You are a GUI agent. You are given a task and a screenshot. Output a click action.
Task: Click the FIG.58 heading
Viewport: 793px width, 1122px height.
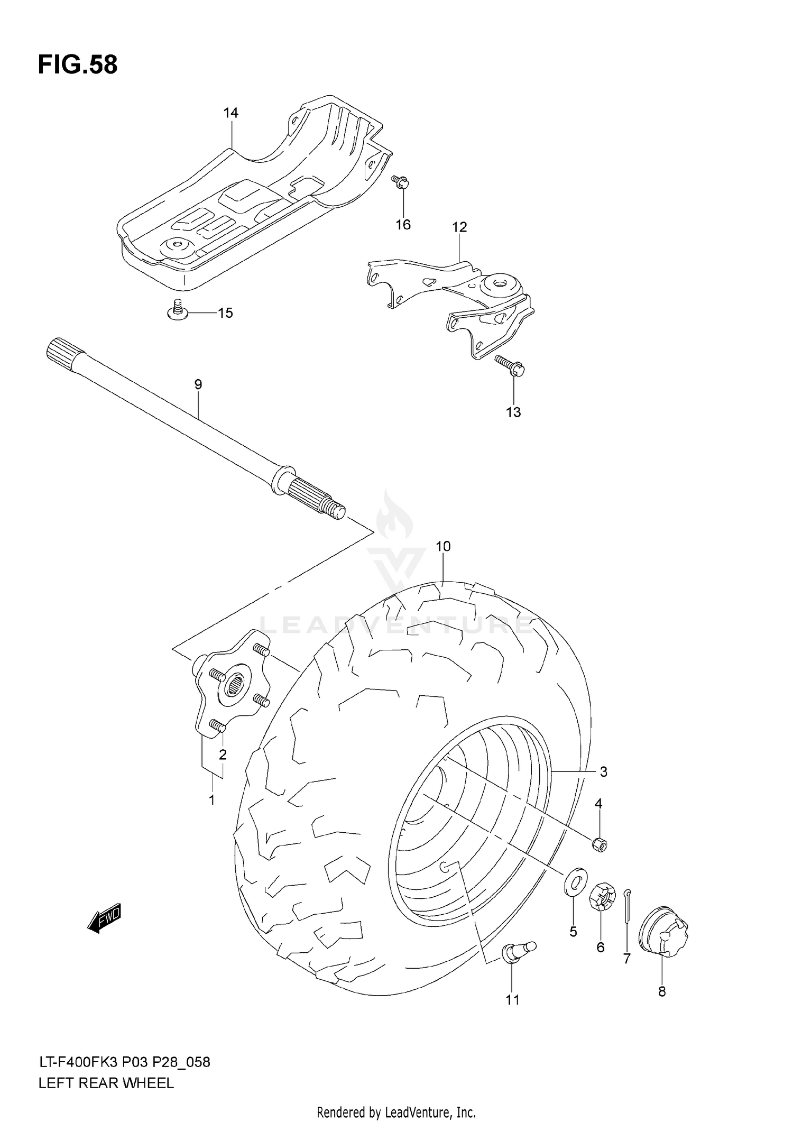pyautogui.click(x=78, y=65)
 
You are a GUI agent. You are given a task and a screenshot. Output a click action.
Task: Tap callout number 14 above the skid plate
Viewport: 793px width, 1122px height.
pyautogui.click(x=230, y=113)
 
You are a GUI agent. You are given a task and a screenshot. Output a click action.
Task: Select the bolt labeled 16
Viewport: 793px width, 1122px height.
pyautogui.click(x=400, y=182)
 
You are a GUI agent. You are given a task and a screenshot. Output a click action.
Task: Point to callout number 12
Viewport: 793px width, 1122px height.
pyautogui.click(x=459, y=227)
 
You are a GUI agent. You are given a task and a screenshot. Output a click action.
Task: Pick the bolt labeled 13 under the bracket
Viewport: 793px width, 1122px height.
pyautogui.click(x=509, y=365)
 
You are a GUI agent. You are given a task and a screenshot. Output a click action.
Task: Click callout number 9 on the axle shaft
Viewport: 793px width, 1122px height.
pyautogui.click(x=198, y=384)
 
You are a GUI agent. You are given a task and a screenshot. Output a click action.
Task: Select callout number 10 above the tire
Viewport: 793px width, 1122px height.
pyautogui.click(x=443, y=546)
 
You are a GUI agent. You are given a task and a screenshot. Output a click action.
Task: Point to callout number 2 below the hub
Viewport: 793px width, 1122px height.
pyautogui.click(x=223, y=755)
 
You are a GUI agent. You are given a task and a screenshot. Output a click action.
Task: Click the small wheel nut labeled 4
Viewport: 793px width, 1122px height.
pyautogui.click(x=600, y=844)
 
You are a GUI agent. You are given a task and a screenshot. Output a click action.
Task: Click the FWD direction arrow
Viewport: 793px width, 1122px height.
pyautogui.click(x=105, y=917)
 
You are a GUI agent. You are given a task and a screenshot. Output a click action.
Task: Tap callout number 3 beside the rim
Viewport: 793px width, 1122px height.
pyautogui.click(x=603, y=771)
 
